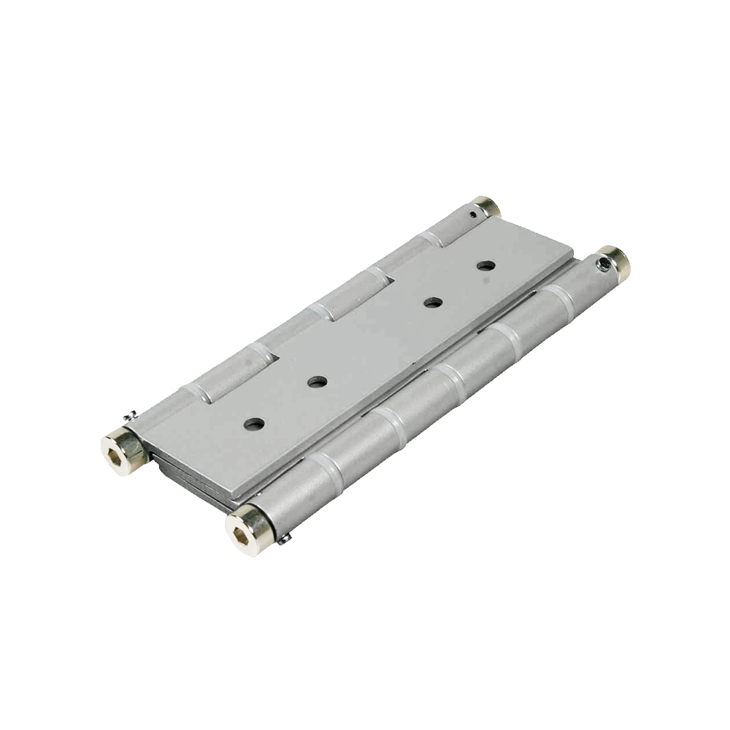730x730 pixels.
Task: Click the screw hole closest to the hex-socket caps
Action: pyautogui.click(x=254, y=423)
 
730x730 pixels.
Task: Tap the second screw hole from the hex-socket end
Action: pyautogui.click(x=317, y=382)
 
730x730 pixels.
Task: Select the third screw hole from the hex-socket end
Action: pyautogui.click(x=434, y=302)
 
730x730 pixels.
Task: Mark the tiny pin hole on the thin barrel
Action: pyautogui.click(x=475, y=215)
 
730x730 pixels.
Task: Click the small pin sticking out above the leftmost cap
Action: pyautogui.click(x=129, y=417)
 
